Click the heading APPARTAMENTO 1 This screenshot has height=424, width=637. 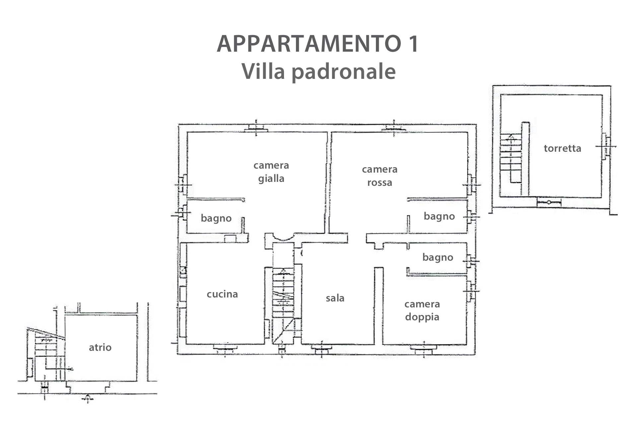[318, 44]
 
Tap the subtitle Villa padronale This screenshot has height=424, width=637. [318, 71]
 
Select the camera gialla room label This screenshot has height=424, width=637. [271, 172]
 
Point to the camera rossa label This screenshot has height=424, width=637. [380, 176]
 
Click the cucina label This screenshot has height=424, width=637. [222, 294]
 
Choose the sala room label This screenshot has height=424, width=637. [335, 298]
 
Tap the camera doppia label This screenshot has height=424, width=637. [422, 311]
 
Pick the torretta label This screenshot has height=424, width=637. [562, 148]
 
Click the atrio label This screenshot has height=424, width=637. [100, 347]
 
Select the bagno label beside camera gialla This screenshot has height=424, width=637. [216, 219]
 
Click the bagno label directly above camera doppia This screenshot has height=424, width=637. [438, 258]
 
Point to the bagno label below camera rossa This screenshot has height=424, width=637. [439, 217]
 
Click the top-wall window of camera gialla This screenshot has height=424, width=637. [256, 129]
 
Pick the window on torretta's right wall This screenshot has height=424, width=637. [606, 146]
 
